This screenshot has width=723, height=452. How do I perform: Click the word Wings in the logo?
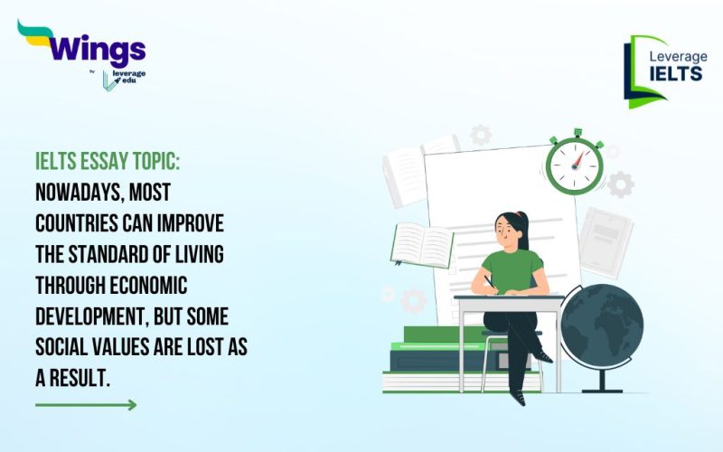[94, 47]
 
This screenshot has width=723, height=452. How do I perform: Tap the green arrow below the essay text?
[86, 404]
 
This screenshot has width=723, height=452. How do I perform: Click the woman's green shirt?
[512, 272]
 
